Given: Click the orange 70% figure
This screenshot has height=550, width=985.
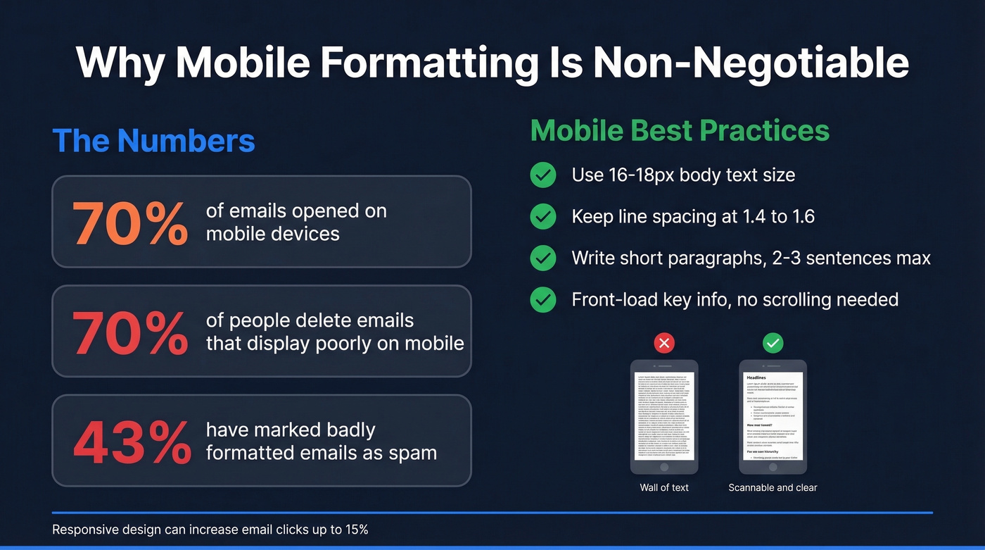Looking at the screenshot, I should (x=130, y=223).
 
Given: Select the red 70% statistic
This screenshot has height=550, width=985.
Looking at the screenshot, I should (x=130, y=332).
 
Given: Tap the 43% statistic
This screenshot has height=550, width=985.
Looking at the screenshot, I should (x=132, y=442).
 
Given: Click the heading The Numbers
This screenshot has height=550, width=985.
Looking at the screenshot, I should (x=153, y=140).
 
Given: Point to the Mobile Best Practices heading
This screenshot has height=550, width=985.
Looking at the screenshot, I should (x=680, y=131).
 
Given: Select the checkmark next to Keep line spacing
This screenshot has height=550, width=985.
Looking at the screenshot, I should (x=542, y=217).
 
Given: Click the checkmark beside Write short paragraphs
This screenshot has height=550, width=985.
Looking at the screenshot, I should (x=542, y=258).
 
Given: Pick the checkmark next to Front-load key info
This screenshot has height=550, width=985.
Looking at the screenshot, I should (x=542, y=300).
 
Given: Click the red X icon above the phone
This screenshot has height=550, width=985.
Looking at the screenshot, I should (x=664, y=343).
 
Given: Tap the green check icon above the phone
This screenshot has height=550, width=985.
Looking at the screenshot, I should (x=773, y=343).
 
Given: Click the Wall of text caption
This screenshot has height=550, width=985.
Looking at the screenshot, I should (x=664, y=487).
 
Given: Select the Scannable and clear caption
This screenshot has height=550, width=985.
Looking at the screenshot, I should (x=773, y=487).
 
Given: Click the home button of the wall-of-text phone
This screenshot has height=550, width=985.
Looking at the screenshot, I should (x=664, y=467).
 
